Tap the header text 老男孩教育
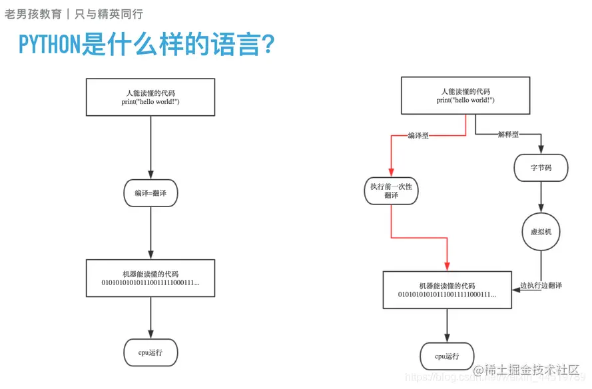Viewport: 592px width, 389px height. pos(33,14)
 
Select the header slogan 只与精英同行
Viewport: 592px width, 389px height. pos(109,14)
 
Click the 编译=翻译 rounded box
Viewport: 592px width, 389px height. pos(150,194)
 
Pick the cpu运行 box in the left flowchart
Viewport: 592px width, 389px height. pos(150,352)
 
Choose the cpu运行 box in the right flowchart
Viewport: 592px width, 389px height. pos(447,356)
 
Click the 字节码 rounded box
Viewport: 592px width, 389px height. pos(541,168)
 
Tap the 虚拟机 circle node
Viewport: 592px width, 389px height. pos(541,232)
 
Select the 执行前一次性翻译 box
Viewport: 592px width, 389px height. pos(392,191)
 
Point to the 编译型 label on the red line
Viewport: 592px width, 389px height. pos(417,135)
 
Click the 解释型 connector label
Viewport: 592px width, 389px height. pos(507,135)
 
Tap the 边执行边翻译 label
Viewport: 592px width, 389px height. pos(541,286)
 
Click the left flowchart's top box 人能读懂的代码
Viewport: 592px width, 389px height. pos(150,97)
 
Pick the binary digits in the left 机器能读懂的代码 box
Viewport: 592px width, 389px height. pos(150,284)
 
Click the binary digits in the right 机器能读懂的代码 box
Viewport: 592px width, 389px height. pos(447,294)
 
